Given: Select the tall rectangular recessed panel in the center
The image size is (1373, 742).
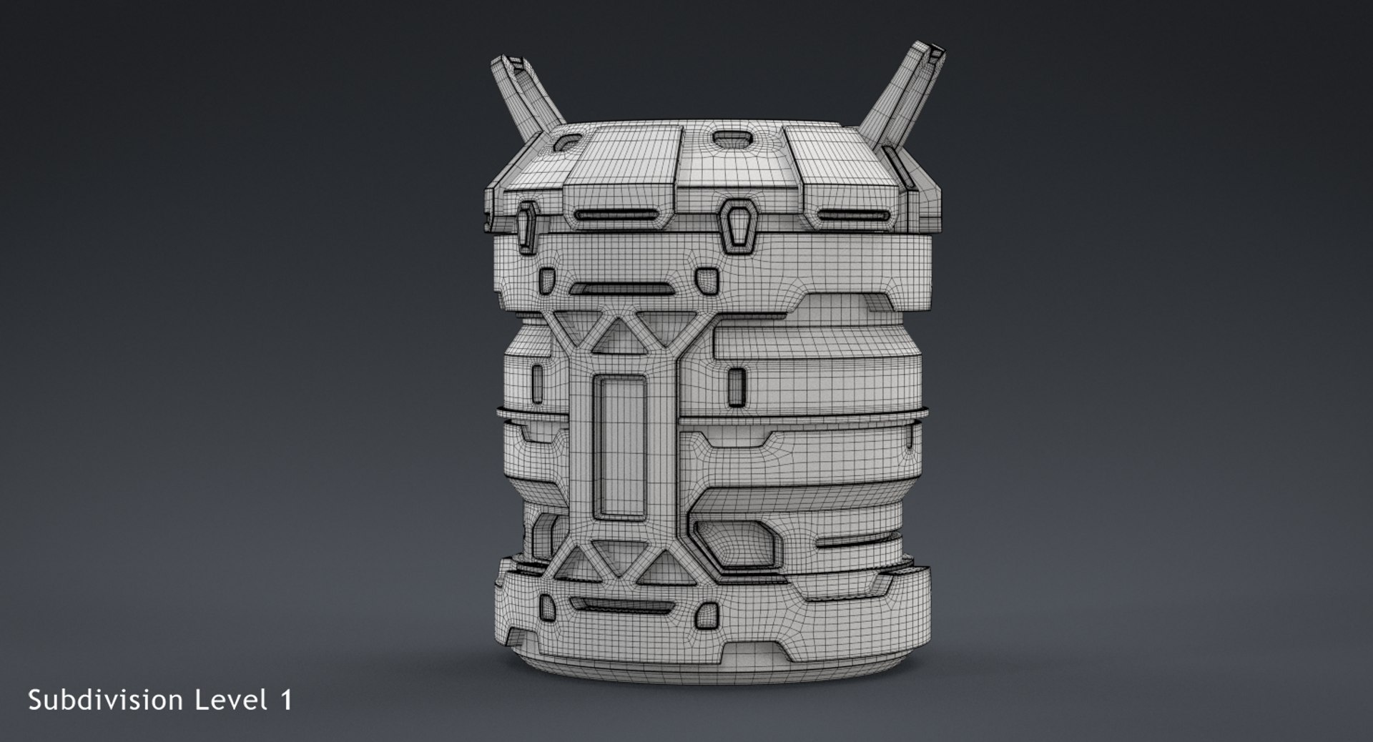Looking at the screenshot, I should click(x=620, y=447).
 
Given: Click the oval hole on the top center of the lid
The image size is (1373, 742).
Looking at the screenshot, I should click(x=730, y=138).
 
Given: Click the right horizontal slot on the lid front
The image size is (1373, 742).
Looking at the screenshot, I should click(x=851, y=216).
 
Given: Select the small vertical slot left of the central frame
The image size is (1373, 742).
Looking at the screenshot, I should click(x=538, y=383).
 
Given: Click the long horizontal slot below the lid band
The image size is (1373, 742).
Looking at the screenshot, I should click(x=621, y=289).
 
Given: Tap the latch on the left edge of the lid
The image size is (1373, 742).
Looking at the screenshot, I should click(x=527, y=227).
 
